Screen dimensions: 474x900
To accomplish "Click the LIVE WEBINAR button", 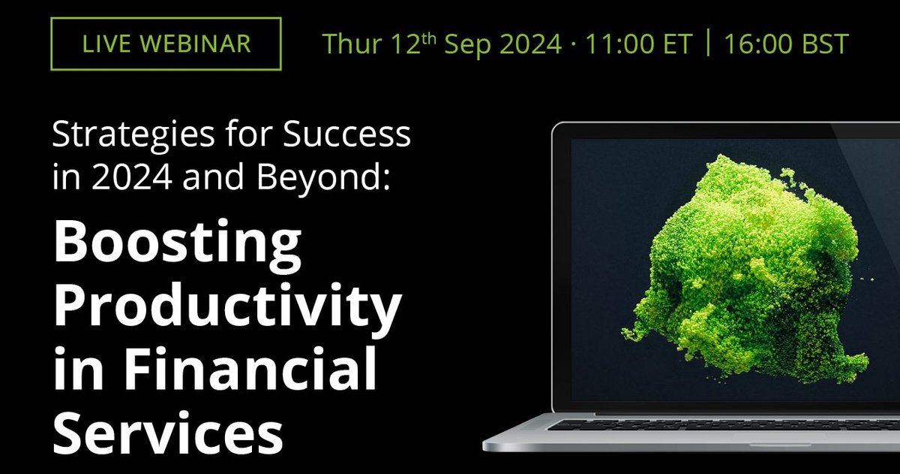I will click(166, 44).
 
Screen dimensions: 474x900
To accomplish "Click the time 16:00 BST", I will click(787, 44).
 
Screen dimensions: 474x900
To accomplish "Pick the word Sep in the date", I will click(463, 44).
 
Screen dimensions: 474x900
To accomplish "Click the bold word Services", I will click(169, 433).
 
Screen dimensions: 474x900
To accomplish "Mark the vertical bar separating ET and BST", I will click(706, 44).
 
